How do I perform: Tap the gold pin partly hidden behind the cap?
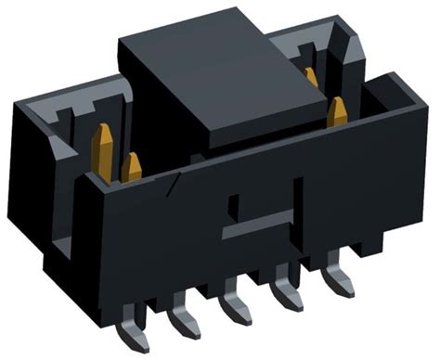310,77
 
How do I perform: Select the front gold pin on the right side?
337,111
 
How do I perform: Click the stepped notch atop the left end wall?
56,117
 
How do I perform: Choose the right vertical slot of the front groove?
298,195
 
